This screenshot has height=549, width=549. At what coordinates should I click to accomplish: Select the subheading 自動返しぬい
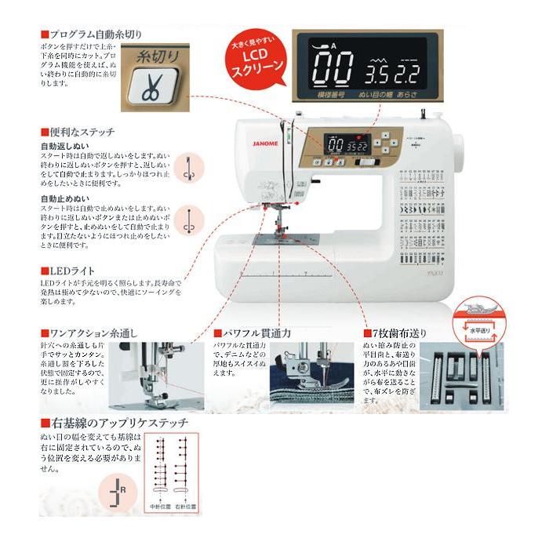tap(64, 146)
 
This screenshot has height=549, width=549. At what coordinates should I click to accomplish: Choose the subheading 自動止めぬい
tap(64, 198)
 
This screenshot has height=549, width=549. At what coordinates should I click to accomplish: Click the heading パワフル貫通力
tap(256, 333)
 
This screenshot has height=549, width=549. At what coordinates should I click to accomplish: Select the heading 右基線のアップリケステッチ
tap(118, 423)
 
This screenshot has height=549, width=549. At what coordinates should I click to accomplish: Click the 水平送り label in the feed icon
tap(478, 330)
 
